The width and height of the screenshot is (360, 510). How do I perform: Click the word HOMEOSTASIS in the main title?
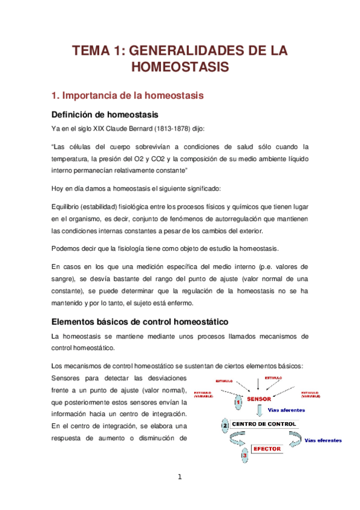click(x=180, y=67)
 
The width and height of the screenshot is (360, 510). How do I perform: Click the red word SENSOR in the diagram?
click(x=259, y=399)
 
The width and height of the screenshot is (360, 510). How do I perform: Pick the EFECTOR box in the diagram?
click(x=265, y=449)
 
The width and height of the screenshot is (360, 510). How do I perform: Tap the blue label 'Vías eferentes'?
click(x=323, y=440)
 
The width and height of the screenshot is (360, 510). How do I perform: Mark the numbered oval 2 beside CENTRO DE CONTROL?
click(x=225, y=425)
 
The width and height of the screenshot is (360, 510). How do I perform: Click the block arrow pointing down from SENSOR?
click(x=260, y=411)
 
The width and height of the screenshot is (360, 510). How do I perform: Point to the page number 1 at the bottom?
click(x=179, y=478)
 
